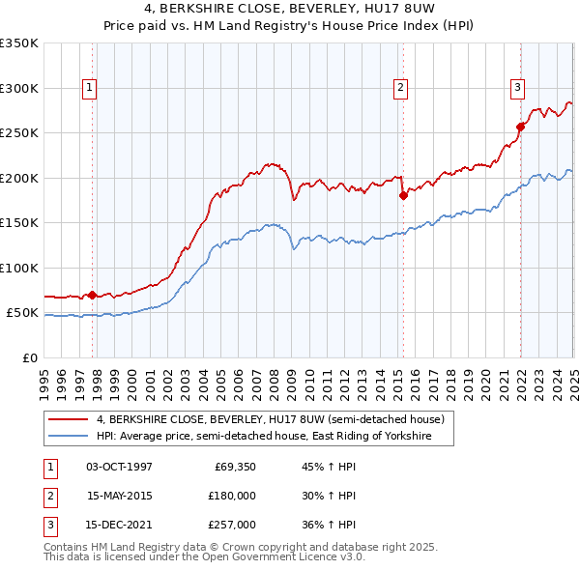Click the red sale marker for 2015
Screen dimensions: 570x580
tap(403, 195)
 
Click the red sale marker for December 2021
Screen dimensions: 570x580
tap(520, 127)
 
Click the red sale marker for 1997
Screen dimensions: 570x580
tap(93, 295)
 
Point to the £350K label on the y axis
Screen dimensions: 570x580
tap(19, 43)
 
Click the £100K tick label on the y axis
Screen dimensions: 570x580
tap(19, 268)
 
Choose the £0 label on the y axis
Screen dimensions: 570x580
tap(29, 357)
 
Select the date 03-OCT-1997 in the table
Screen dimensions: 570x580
tap(119, 467)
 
